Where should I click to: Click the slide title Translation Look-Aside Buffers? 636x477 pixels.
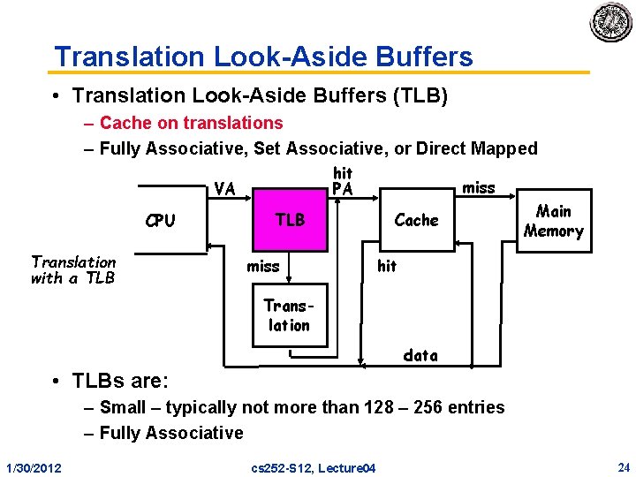tap(263, 57)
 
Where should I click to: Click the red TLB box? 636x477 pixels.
tap(290, 220)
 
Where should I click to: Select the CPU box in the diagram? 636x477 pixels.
tap(160, 221)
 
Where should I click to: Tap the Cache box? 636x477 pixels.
tap(416, 220)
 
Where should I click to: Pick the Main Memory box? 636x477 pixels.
tap(554, 221)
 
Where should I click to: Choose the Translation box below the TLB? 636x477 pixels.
tap(289, 315)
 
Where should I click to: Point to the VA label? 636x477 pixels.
tap(224, 189)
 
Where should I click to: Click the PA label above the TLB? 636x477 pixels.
tap(342, 189)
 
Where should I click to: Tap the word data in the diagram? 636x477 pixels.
tap(420, 355)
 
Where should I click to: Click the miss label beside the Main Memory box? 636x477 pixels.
tap(479, 187)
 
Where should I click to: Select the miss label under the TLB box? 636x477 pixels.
tap(263, 266)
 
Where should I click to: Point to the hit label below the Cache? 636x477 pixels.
tap(387, 266)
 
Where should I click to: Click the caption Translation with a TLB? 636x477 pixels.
tap(73, 269)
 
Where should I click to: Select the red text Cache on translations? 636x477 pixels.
tap(191, 123)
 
